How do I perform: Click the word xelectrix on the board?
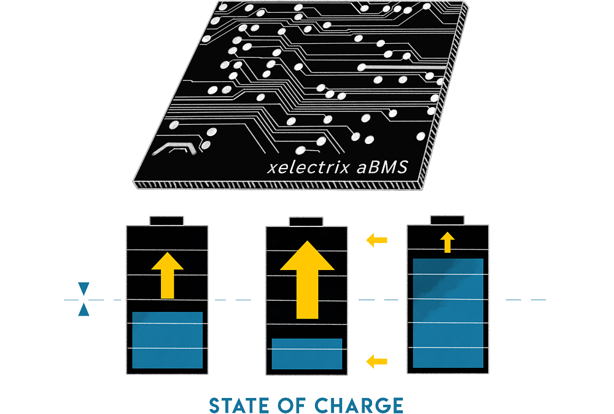click(x=309, y=167)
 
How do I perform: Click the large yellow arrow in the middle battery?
click(x=307, y=280)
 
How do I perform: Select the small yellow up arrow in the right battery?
click(x=448, y=242)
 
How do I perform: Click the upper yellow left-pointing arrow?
click(x=377, y=239)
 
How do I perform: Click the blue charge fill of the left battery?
click(x=168, y=340)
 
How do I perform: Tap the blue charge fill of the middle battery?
click(x=307, y=354)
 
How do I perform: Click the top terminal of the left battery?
click(x=167, y=220)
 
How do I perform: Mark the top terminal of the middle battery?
click(x=306, y=220)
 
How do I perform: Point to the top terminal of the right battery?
click(x=447, y=219)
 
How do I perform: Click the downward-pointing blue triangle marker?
click(x=84, y=289)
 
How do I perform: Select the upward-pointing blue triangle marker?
click(x=84, y=310)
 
